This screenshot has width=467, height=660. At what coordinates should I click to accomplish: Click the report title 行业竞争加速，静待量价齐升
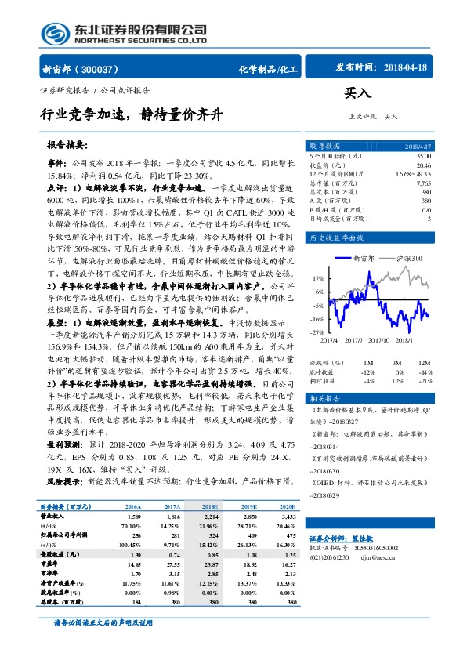tap(132, 114)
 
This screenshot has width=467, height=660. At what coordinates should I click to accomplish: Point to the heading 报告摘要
tap(70, 146)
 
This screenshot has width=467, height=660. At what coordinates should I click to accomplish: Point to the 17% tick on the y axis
tap(318, 278)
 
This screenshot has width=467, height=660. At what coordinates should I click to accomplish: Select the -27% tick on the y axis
tap(317, 332)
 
